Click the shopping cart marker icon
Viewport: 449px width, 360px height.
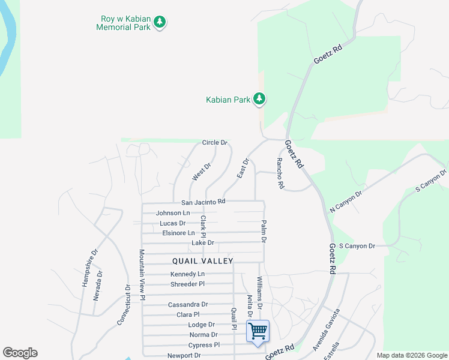click(x=258, y=331)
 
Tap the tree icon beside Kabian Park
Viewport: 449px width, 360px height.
click(x=259, y=98)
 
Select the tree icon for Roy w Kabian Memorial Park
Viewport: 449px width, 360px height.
click(x=160, y=22)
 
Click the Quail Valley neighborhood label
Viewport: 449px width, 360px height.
click(x=202, y=260)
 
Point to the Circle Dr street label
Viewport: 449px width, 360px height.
click(x=215, y=142)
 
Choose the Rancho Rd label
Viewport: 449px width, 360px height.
click(x=279, y=173)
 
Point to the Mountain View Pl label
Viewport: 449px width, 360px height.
click(x=142, y=275)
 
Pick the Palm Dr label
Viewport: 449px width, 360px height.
click(x=263, y=231)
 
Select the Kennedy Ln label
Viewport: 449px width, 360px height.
click(x=187, y=274)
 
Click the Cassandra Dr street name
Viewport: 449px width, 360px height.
click(x=188, y=304)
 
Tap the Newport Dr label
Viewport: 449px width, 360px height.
click(x=184, y=355)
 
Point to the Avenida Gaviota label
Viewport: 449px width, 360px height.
click(x=326, y=331)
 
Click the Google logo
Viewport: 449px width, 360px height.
click(x=20, y=353)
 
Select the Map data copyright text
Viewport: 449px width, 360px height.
click(x=412, y=355)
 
